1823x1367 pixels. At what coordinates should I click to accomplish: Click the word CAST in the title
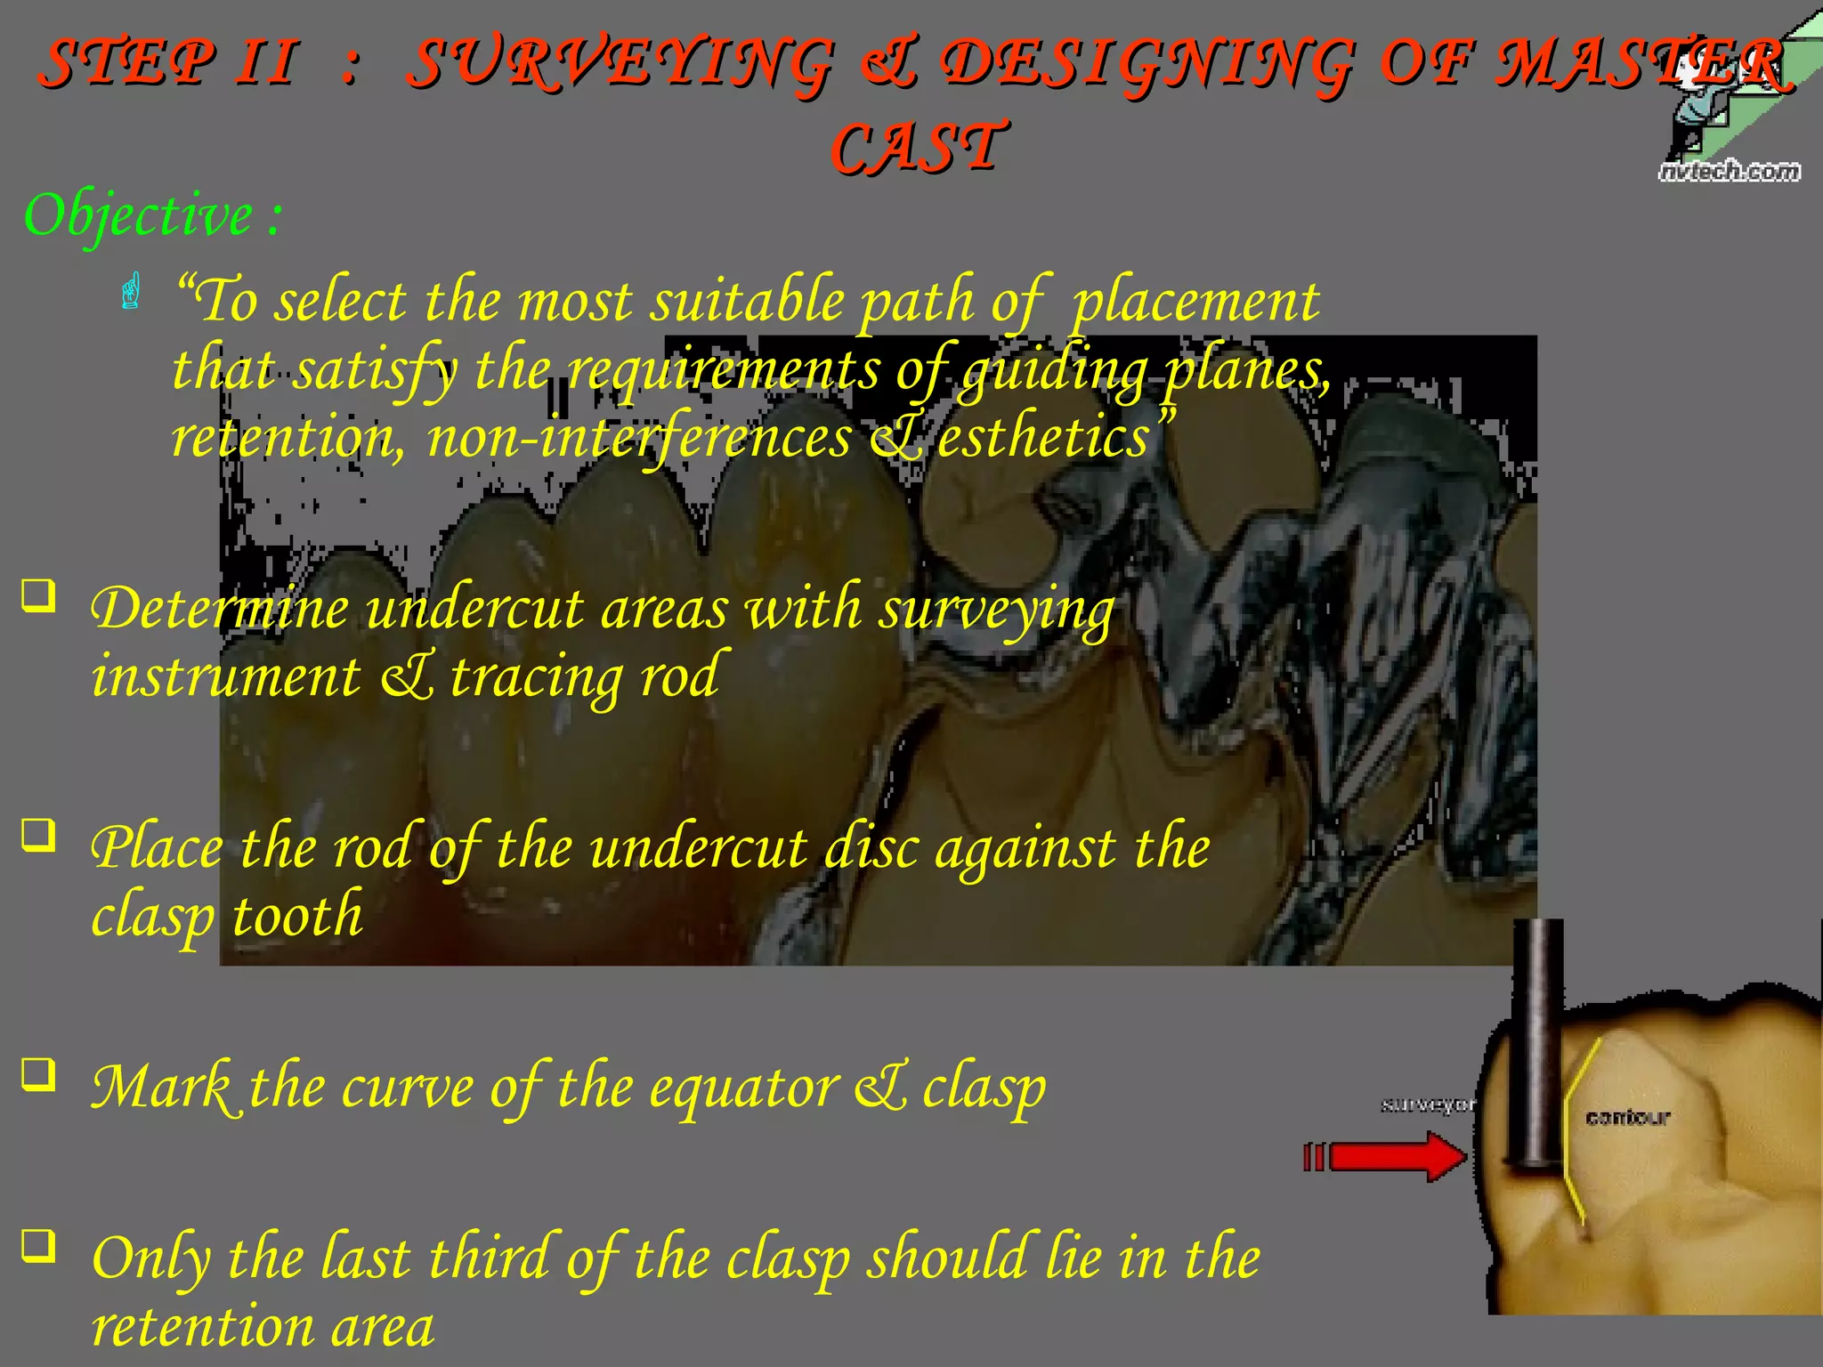(x=919, y=148)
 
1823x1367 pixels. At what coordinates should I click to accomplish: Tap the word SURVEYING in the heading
(x=621, y=64)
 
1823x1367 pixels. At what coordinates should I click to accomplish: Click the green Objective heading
(x=151, y=215)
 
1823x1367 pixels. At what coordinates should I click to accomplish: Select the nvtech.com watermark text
(x=1729, y=171)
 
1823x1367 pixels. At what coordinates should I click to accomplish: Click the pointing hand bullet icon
(x=131, y=292)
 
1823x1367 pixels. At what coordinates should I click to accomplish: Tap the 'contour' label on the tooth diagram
(x=1627, y=1117)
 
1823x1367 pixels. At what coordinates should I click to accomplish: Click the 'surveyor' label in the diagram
(x=1427, y=1104)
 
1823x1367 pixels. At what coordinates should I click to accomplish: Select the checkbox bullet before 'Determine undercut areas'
(x=38, y=595)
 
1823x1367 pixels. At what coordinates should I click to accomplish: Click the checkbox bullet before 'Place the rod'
(x=38, y=835)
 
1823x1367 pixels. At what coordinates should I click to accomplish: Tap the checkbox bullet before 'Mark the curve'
(x=38, y=1074)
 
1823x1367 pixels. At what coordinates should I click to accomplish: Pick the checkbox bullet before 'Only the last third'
(x=38, y=1245)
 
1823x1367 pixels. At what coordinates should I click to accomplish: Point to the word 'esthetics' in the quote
(x=1043, y=438)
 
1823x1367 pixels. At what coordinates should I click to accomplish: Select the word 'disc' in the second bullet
(x=871, y=848)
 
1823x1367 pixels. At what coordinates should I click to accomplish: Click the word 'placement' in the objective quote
(x=1195, y=301)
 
